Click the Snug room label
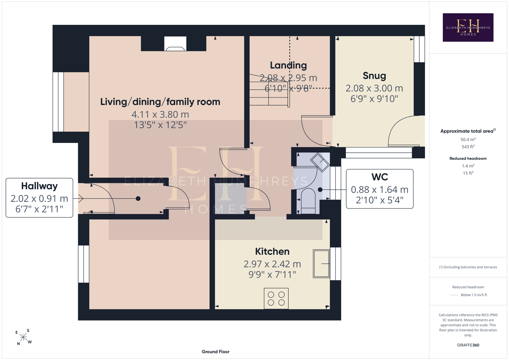(374, 76)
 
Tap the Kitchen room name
(272, 251)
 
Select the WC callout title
(379, 177)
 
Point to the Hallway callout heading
(39, 186)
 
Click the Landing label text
(288, 66)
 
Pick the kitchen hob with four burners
(276, 298)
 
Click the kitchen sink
(321, 264)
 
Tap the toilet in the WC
(308, 201)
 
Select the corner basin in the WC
(320, 162)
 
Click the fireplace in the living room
(175, 44)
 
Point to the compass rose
(23, 337)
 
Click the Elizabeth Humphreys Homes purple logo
(468, 27)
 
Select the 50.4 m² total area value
(468, 139)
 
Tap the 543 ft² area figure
(468, 147)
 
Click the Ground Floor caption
(215, 352)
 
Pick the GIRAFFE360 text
(468, 345)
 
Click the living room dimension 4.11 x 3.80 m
(160, 114)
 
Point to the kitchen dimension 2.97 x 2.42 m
(272, 264)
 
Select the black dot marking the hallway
(138, 198)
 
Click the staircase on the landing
(269, 90)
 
